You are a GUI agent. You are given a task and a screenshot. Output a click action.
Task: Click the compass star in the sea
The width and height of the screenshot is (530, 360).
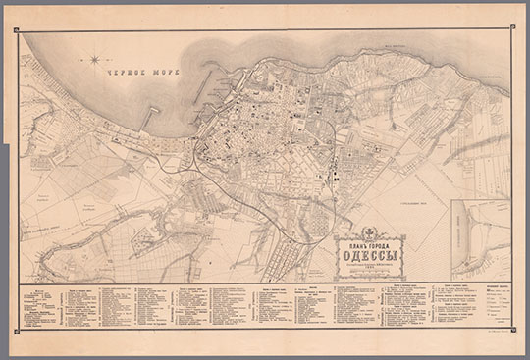tap(95, 60)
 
